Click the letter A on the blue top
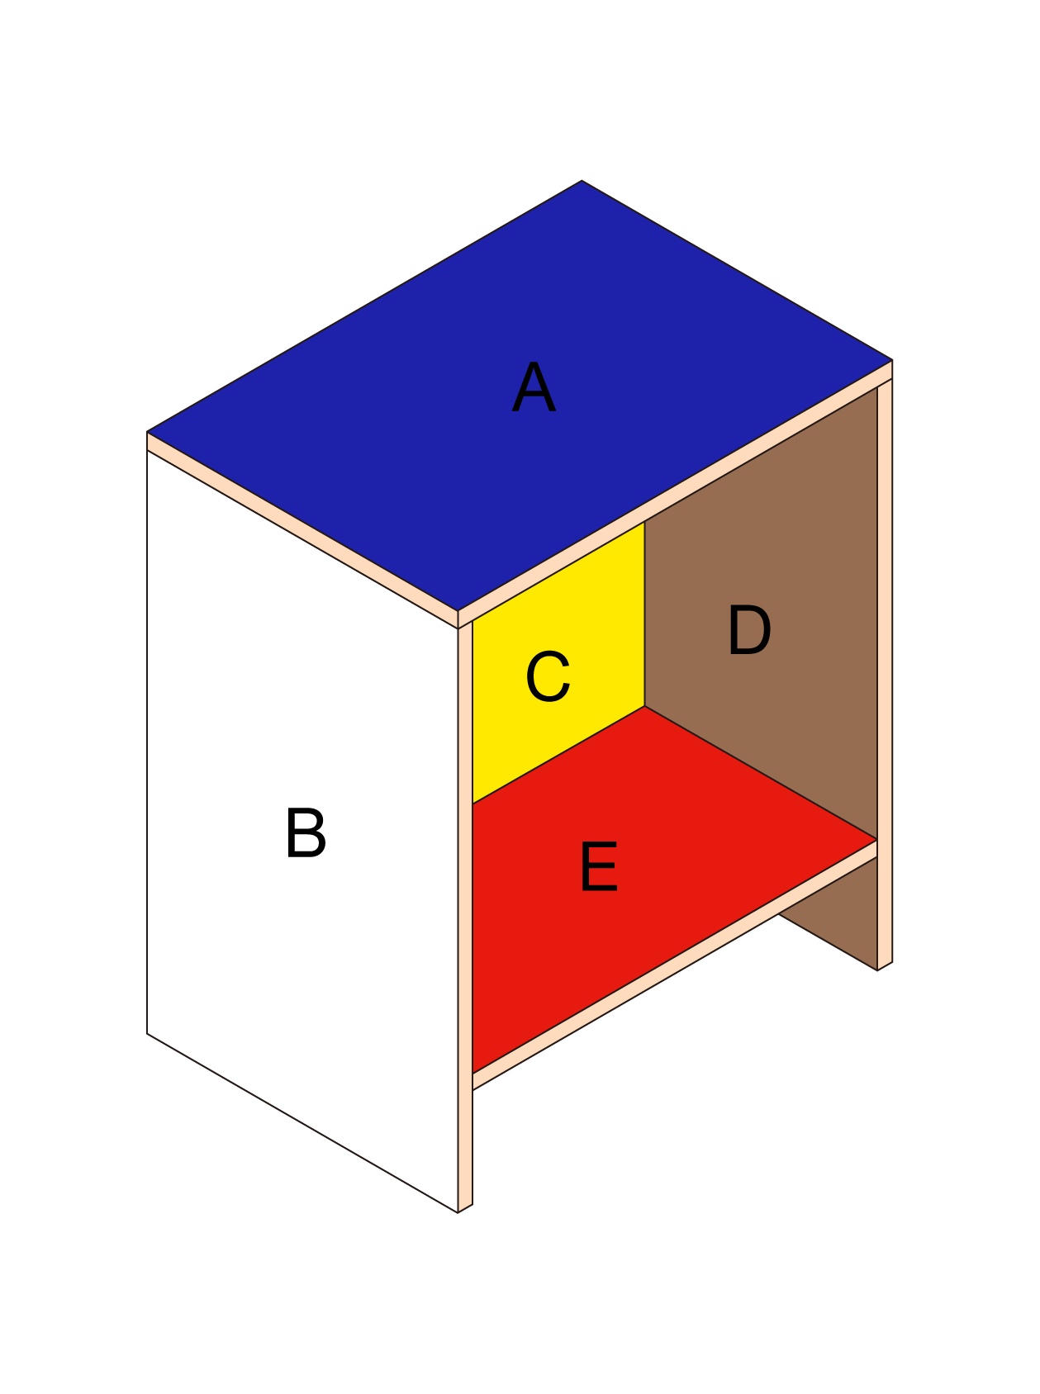tap(534, 387)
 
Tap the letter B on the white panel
tap(306, 832)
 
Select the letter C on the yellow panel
tap(548, 676)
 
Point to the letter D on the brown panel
tap(749, 630)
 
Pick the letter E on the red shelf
tap(599, 866)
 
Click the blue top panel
tap(520, 396)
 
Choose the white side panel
tap(302, 830)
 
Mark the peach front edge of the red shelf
tap(675, 965)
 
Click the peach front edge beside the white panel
tap(465, 917)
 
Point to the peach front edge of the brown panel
tap(885, 674)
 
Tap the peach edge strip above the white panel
tap(302, 529)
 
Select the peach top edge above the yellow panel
tap(675, 494)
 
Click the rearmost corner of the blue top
tap(582, 180)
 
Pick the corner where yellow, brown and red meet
tap(644, 706)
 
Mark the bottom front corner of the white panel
tap(458, 1212)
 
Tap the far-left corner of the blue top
tap(147, 431)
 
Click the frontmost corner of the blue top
tap(458, 611)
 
